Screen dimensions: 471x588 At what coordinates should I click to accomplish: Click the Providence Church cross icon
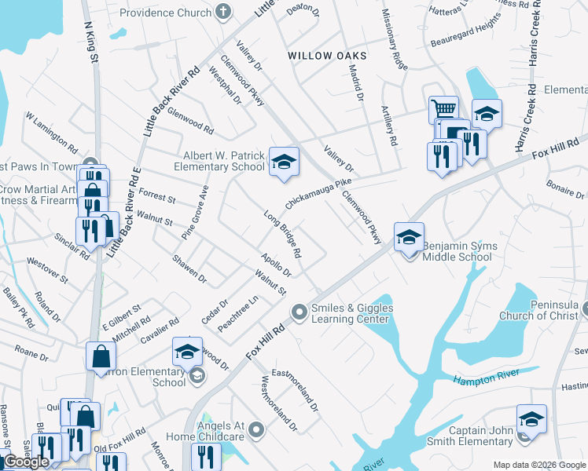coord(224,13)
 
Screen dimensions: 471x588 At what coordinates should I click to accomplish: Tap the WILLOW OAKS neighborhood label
coord(327,56)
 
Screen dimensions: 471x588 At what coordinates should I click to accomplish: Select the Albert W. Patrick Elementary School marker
coord(284,162)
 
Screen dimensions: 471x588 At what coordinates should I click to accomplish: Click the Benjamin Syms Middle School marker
coord(409,237)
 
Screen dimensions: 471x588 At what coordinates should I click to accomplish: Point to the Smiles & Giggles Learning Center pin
coord(299,312)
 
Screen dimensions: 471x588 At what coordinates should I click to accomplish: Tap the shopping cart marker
coord(443,109)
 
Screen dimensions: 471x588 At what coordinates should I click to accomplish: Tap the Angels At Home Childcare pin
coord(256,430)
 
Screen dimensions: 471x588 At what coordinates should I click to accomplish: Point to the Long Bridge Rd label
coord(283,234)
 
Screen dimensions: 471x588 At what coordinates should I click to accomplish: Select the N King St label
coord(90,43)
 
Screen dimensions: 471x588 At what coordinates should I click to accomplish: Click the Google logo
coord(26,462)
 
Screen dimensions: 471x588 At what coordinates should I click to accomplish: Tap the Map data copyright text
coord(539,465)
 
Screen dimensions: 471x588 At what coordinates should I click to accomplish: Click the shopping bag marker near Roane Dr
coord(101,356)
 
